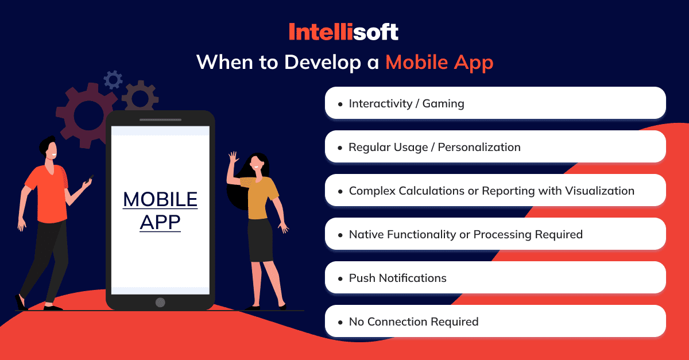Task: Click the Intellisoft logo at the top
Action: (x=343, y=32)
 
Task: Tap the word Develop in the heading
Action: (x=322, y=63)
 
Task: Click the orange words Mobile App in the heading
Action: (x=440, y=63)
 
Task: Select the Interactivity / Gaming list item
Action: (x=407, y=103)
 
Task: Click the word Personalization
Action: (x=479, y=147)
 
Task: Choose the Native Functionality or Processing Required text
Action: (x=466, y=234)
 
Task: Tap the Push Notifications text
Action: (x=397, y=278)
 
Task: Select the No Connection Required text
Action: (x=413, y=322)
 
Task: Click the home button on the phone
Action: (x=160, y=303)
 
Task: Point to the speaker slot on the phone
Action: (x=160, y=119)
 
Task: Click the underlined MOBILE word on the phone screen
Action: (x=160, y=199)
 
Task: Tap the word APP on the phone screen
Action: (x=160, y=222)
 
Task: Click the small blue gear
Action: (x=113, y=80)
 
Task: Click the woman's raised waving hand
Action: (x=234, y=158)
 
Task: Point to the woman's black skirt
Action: (x=260, y=240)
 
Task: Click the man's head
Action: (x=49, y=148)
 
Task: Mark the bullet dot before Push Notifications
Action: (x=340, y=279)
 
